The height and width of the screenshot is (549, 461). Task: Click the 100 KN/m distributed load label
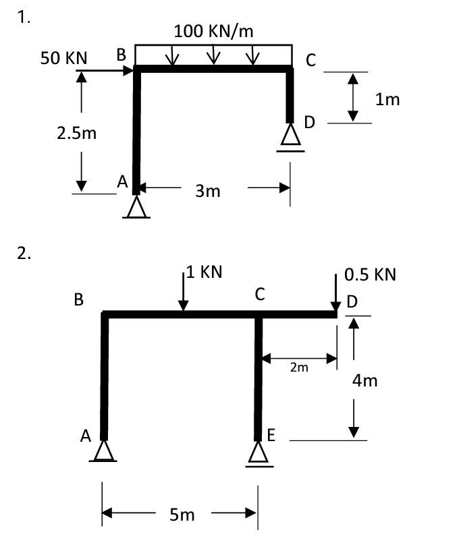pyautogui.click(x=213, y=31)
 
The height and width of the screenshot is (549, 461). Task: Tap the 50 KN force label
pyautogui.click(x=63, y=58)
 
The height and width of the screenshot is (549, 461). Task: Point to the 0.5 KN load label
pyautogui.click(x=370, y=274)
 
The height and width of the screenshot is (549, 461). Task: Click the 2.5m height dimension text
pyautogui.click(x=76, y=133)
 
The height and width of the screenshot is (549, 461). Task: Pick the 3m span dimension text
pyautogui.click(x=208, y=191)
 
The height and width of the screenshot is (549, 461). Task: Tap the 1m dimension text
pyautogui.click(x=388, y=100)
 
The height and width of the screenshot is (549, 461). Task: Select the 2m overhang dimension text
pyautogui.click(x=298, y=368)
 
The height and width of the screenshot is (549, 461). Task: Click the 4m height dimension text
pyautogui.click(x=365, y=381)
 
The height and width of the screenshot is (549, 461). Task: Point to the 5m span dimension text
pyautogui.click(x=182, y=515)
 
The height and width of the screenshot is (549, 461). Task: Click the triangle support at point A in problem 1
pyautogui.click(x=136, y=207)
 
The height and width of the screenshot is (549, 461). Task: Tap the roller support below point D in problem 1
pyautogui.click(x=290, y=138)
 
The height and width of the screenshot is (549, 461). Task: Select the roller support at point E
pyautogui.click(x=256, y=453)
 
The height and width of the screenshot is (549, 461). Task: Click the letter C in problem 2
pyautogui.click(x=260, y=295)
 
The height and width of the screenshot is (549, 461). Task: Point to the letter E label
pyautogui.click(x=271, y=435)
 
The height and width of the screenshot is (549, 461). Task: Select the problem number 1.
pyautogui.click(x=24, y=18)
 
